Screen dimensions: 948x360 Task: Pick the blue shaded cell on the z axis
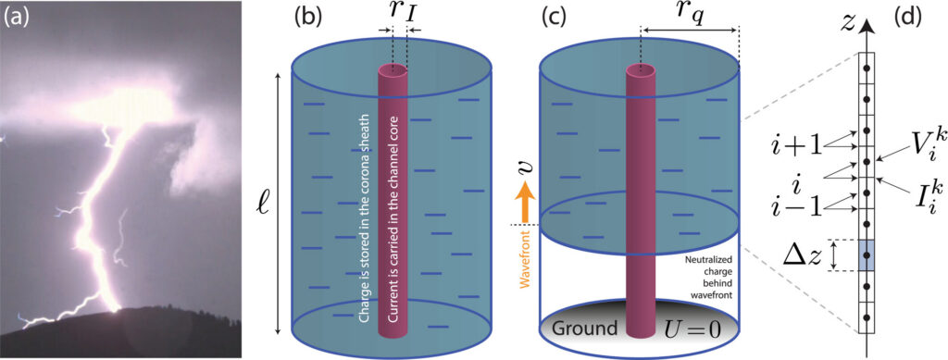(x=867, y=254)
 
